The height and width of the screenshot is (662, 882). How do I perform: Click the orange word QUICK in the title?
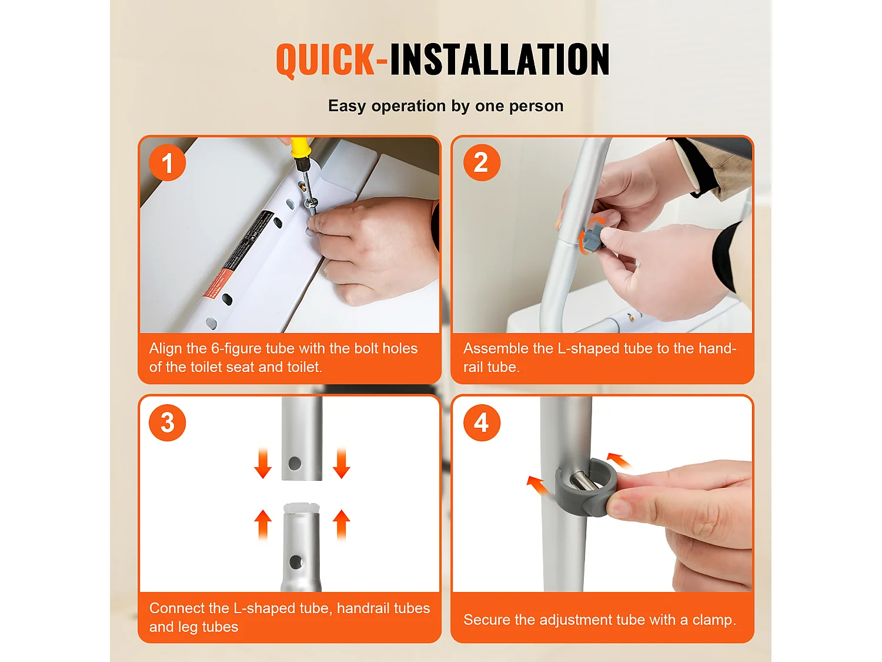click(x=326, y=59)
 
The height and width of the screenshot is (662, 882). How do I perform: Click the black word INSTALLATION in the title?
click(x=500, y=59)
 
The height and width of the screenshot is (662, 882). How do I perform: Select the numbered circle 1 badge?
click(x=167, y=162)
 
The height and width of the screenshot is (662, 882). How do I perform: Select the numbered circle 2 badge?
click(x=482, y=162)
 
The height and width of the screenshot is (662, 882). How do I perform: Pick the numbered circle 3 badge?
click(x=167, y=423)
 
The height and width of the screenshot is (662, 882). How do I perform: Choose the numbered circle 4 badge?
click(x=482, y=423)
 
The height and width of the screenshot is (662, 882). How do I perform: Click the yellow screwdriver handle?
click(x=300, y=148)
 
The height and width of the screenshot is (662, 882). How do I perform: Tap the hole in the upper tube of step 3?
click(x=295, y=464)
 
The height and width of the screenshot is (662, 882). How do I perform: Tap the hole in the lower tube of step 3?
click(x=296, y=563)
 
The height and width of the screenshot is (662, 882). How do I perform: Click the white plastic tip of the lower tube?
click(x=302, y=508)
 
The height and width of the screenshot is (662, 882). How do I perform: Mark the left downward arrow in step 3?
click(x=263, y=464)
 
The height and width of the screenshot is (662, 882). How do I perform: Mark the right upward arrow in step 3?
click(x=342, y=524)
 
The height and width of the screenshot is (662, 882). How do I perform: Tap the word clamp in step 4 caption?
click(x=714, y=620)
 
